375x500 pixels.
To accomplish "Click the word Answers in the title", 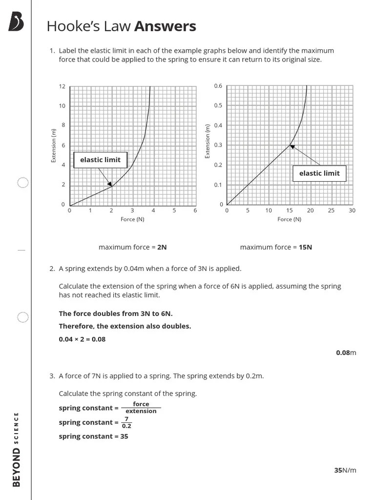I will point(165,26).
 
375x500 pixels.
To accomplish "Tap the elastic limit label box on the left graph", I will point(100,160).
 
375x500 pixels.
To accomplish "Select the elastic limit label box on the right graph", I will point(319,173).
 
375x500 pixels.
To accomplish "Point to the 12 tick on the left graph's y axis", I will point(62,86).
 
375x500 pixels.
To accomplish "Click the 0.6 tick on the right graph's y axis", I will point(218,86).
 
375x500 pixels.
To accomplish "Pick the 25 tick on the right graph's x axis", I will point(331,210).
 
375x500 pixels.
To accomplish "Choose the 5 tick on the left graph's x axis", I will point(174,210).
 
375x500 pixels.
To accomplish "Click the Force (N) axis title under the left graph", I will point(132,219).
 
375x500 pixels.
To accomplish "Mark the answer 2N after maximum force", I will point(162,247).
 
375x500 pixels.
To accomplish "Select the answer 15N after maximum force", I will point(305,247).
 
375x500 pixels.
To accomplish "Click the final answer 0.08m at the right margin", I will point(346,353).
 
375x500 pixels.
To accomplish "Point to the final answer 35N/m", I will point(345,470).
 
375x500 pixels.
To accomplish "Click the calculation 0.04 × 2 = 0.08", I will point(82,339).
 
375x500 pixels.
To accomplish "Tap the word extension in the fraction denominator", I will point(141,411).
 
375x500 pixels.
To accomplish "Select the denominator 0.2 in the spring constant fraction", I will point(126,426).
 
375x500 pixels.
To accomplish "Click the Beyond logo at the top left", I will point(16,22).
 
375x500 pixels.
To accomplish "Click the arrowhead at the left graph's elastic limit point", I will point(110,184).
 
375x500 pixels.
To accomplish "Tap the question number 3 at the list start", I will point(52,376).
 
